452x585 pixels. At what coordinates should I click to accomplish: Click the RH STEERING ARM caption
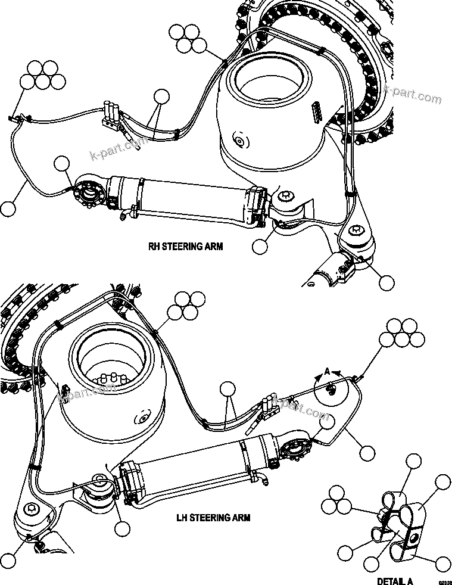185,245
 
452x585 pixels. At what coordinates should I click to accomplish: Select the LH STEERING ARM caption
213,518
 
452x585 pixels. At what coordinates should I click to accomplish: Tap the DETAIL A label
395,581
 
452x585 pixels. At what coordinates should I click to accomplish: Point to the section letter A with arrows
326,371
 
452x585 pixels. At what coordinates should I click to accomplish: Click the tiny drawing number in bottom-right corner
444,581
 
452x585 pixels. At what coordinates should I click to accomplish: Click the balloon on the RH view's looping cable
8,208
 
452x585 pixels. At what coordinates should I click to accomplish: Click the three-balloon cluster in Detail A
336,501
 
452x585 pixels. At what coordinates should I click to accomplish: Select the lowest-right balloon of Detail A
442,563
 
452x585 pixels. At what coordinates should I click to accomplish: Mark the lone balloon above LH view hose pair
227,390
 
